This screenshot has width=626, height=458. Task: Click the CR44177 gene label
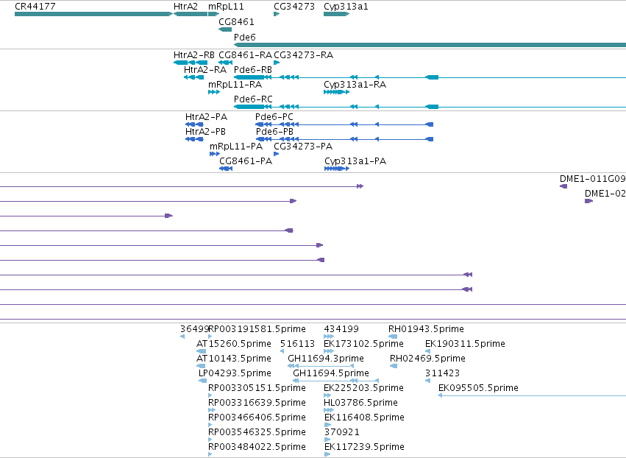pyautogui.click(x=35, y=7)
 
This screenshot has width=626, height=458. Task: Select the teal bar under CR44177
pyautogui.click(x=94, y=14)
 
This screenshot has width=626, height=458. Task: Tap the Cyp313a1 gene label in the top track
pyautogui.click(x=346, y=7)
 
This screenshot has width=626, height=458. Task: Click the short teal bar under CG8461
pyautogui.click(x=225, y=29)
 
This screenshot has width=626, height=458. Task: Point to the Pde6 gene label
pyautogui.click(x=245, y=37)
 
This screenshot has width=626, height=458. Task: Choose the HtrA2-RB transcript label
pyautogui.click(x=194, y=54)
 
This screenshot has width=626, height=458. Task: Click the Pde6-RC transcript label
pyautogui.click(x=253, y=99)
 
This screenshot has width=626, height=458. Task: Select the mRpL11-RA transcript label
pyautogui.click(x=235, y=85)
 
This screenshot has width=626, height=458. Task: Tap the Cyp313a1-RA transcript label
pyautogui.click(x=355, y=85)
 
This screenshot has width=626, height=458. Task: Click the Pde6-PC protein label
pyautogui.click(x=274, y=116)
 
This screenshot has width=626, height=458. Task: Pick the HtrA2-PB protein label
pyautogui.click(x=206, y=132)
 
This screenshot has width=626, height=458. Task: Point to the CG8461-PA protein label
pyautogui.click(x=246, y=161)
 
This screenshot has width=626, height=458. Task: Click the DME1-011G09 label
pyautogui.click(x=592, y=179)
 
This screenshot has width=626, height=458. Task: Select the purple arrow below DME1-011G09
pyautogui.click(x=563, y=186)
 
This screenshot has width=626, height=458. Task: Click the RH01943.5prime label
pyautogui.click(x=426, y=329)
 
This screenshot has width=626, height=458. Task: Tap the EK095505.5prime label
pyautogui.click(x=478, y=387)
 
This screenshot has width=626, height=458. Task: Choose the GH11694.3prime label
pyautogui.click(x=326, y=358)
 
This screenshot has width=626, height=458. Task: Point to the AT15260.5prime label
pyautogui.click(x=233, y=344)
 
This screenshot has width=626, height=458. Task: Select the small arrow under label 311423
pyautogui.click(x=427, y=381)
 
